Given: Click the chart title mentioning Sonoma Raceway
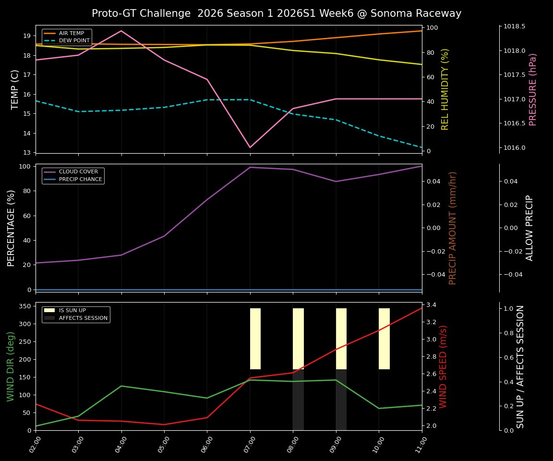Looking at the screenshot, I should pyautogui.click(x=276, y=13).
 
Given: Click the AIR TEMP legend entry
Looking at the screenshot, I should pyautogui.click(x=71, y=34).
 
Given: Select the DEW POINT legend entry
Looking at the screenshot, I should pyautogui.click(x=74, y=41).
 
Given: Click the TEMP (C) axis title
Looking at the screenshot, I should pyautogui.click(x=15, y=89).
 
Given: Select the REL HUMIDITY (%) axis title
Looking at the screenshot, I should pyautogui.click(x=445, y=89).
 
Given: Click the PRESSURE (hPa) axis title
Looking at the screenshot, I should pyautogui.click(x=533, y=89).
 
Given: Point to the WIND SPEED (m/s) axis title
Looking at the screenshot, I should pyautogui.click(x=443, y=366).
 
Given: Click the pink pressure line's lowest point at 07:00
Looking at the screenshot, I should pyautogui.click(x=250, y=147).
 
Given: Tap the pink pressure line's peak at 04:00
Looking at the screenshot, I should pyautogui.click(x=121, y=31).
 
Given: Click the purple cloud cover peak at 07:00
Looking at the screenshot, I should pyautogui.click(x=250, y=167).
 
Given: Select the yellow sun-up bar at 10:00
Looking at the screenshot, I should pyautogui.click(x=384, y=339).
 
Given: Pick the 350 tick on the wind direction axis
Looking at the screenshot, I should pyautogui.click(x=26, y=306).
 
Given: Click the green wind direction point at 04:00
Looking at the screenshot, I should pyautogui.click(x=121, y=386).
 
